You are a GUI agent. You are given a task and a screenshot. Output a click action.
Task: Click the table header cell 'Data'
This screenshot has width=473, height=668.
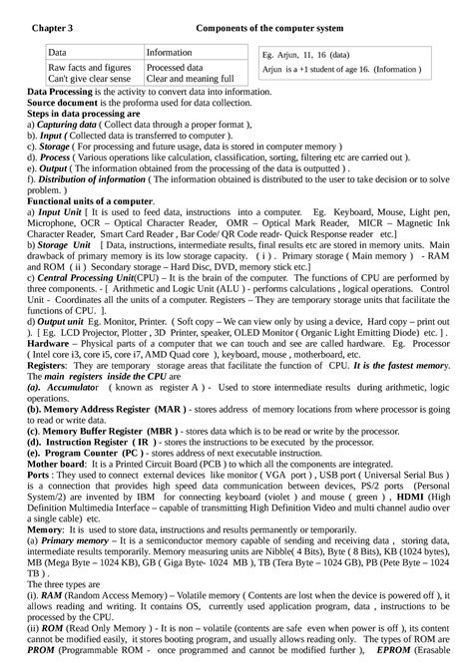[x=59, y=51]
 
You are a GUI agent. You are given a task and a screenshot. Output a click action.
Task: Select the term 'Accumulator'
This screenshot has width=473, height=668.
[x=82, y=386]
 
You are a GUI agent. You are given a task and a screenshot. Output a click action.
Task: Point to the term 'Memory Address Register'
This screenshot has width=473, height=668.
[x=104, y=408]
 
